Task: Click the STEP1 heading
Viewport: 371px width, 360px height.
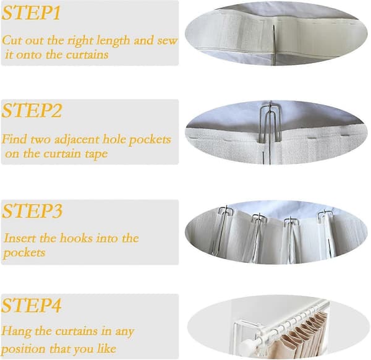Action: click(31, 13)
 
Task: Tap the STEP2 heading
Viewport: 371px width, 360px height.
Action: click(32, 111)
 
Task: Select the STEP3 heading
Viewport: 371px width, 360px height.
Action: click(32, 211)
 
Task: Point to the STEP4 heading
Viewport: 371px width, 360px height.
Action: click(32, 306)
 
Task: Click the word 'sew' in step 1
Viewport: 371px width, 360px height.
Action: click(168, 40)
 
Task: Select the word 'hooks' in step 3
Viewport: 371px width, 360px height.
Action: click(75, 238)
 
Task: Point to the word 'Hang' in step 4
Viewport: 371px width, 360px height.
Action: click(16, 332)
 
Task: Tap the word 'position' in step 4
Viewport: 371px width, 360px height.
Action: click(23, 349)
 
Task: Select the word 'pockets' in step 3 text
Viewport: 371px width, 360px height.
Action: click(24, 253)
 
